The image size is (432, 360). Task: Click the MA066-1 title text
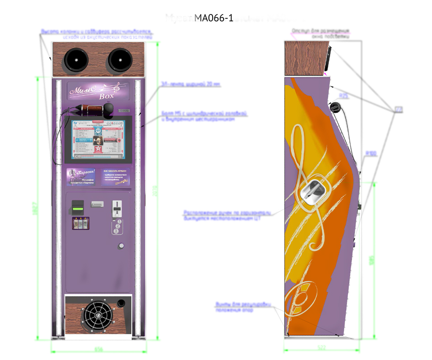tap(214, 18)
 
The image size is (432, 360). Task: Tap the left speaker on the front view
tap(75, 59)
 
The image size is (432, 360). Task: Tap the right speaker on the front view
tap(120, 59)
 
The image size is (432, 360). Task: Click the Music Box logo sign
tap(97, 91)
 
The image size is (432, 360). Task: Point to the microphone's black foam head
tap(109, 110)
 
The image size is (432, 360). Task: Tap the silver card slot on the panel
tap(98, 204)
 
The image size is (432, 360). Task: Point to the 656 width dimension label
tap(98, 349)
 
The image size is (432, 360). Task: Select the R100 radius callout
tap(370, 154)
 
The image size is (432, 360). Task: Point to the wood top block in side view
tap(304, 58)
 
